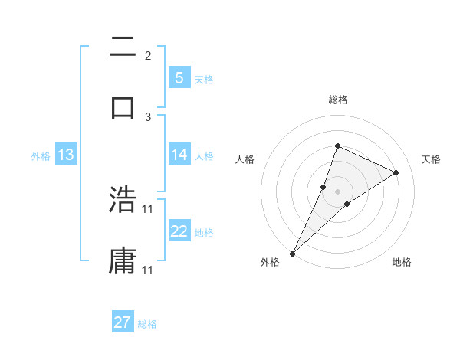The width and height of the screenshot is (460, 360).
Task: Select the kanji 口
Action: pos(123,107)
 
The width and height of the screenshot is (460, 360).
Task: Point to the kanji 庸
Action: pos(123,260)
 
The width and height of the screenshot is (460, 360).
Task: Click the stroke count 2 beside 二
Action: pos(148,56)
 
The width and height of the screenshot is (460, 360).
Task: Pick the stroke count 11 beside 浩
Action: pos(148,208)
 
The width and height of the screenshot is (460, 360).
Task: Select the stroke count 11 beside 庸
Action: pos(148,270)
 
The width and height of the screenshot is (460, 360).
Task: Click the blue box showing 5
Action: pos(179,77)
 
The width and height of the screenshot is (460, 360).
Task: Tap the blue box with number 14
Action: pos(179,155)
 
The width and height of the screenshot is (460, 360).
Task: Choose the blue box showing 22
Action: pos(179,231)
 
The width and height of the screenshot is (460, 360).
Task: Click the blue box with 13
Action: pos(65,155)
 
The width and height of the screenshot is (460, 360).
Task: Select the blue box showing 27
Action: pos(123,322)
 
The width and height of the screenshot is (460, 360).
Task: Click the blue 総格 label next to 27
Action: pos(147,324)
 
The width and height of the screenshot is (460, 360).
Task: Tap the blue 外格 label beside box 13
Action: pos(41,155)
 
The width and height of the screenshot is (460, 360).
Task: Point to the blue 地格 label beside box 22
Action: pos(204,232)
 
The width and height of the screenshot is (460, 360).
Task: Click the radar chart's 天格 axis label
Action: pos(432,159)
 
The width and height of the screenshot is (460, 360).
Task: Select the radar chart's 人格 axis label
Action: pos(245,159)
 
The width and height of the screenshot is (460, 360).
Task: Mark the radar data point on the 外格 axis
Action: pos(292,253)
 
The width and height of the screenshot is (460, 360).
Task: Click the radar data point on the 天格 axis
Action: pos(396,172)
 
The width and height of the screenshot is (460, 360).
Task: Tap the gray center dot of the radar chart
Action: pos(337,191)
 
